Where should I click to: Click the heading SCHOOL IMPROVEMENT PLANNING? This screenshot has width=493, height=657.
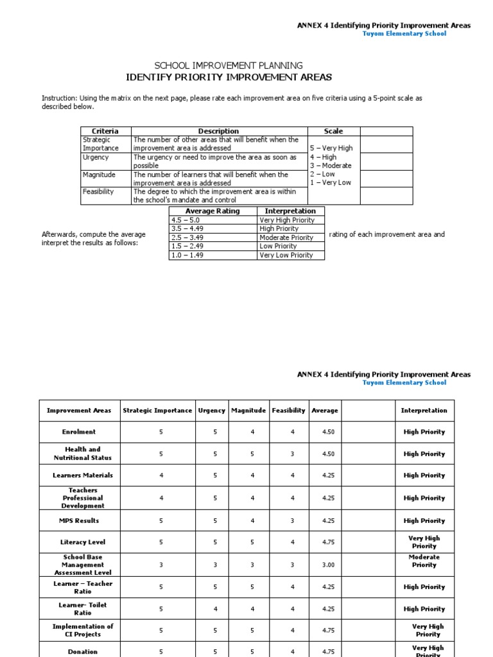[x=229, y=65]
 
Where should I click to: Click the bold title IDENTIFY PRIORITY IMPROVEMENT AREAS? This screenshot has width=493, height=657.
[x=229, y=77]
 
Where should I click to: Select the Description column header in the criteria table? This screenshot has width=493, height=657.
[x=218, y=131]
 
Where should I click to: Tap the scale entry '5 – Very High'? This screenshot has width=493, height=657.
[x=331, y=148]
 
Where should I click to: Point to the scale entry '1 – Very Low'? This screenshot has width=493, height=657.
[x=331, y=183]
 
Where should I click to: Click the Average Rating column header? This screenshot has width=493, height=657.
[x=212, y=211]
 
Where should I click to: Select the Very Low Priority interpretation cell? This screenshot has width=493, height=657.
[x=286, y=255]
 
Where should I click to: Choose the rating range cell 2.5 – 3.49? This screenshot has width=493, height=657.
[x=187, y=237]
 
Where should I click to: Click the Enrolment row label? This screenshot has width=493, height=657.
[x=79, y=432]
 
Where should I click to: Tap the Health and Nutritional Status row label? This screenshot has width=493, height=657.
[x=79, y=454]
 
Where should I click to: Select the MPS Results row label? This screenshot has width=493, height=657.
[x=79, y=521]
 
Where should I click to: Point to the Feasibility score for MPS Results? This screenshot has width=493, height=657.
[x=292, y=521]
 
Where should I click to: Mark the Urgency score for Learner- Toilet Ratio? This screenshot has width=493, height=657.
[x=211, y=610]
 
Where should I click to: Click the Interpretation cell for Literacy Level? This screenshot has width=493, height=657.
[x=424, y=542]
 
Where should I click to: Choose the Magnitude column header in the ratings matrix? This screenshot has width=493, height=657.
[x=248, y=411]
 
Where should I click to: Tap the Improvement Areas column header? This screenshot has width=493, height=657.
[x=79, y=411]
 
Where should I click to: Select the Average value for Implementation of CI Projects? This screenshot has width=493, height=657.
[x=329, y=631]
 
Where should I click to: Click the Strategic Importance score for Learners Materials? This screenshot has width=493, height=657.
[x=161, y=475]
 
